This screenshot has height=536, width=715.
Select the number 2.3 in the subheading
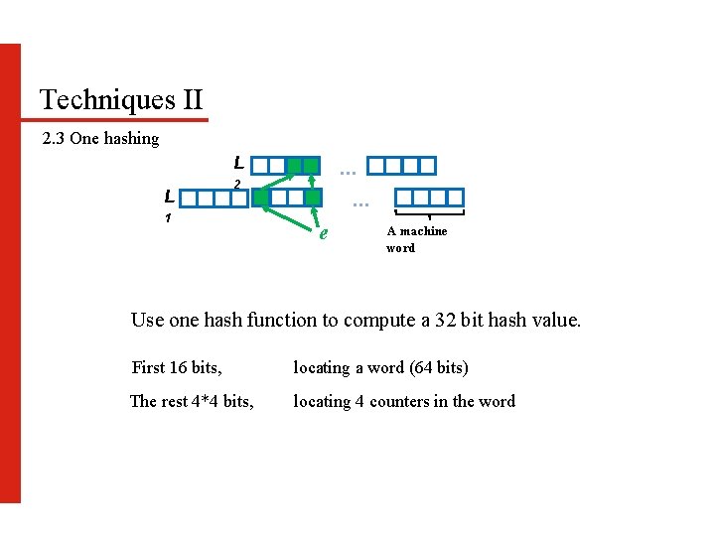pyautogui.click(x=54, y=139)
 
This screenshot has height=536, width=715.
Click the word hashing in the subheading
pyautogui.click(x=131, y=139)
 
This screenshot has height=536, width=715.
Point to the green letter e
pyautogui.click(x=322, y=234)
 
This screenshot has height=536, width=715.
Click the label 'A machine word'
pyautogui.click(x=416, y=239)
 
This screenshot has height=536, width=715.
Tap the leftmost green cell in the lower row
pyautogui.click(x=260, y=198)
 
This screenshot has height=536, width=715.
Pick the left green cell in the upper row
pyautogui.click(x=294, y=166)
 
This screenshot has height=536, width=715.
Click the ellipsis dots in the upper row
pyautogui.click(x=349, y=172)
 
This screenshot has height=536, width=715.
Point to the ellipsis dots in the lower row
pyautogui.click(x=360, y=203)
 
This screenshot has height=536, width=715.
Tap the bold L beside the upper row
pyautogui.click(x=238, y=163)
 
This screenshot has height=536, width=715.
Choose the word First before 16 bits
pyautogui.click(x=148, y=368)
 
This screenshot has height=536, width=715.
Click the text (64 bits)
pyautogui.click(x=438, y=368)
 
